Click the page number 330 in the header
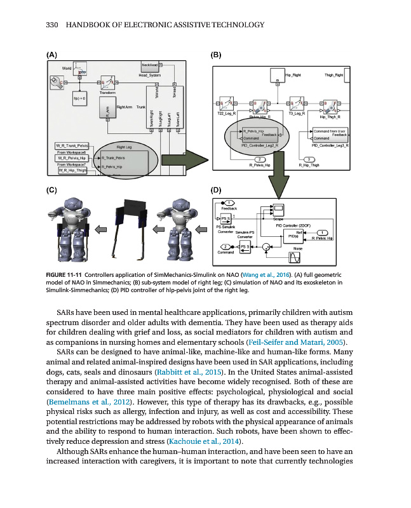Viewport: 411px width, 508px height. (x=53, y=25)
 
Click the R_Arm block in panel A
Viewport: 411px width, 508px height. (x=107, y=112)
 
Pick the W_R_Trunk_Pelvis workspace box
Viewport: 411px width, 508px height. (x=70, y=147)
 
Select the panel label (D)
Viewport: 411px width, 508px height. (x=217, y=190)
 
